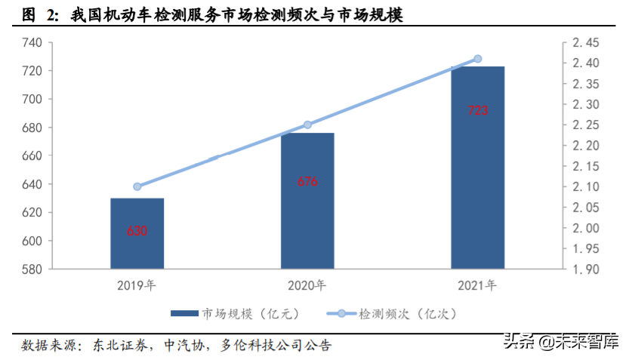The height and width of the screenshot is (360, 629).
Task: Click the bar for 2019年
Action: (137, 233)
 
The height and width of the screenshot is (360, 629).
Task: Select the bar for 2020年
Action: (307, 201)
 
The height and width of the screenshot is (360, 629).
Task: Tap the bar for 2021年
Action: (477, 167)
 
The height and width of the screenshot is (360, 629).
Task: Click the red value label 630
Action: (137, 231)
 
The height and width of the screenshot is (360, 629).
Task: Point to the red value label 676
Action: (307, 182)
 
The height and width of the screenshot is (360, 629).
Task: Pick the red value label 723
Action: (478, 110)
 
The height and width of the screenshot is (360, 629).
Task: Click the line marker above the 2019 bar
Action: (137, 186)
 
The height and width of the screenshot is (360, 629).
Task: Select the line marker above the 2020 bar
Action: (307, 125)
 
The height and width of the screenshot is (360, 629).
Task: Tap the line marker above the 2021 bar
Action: (477, 59)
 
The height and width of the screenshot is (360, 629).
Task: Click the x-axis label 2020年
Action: (307, 285)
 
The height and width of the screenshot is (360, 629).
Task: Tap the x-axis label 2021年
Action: (477, 285)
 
